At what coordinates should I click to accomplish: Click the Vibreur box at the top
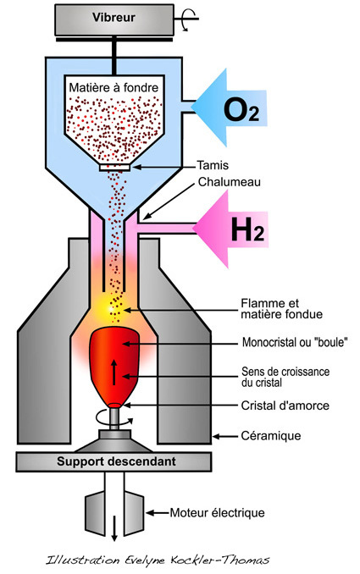(x=114, y=19)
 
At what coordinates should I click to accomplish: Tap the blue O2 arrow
(x=229, y=108)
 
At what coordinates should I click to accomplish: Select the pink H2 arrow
(x=230, y=229)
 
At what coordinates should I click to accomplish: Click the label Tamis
(x=213, y=165)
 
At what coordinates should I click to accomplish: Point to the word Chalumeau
(x=230, y=182)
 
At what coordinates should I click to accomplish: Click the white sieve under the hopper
(x=114, y=168)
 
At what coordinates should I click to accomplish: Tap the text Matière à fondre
(x=114, y=88)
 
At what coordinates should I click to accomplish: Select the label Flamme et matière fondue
(x=281, y=309)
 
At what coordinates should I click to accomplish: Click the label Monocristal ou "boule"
(x=295, y=342)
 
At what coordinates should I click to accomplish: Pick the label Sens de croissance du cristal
(x=285, y=377)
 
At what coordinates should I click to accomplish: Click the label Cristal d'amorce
(x=285, y=406)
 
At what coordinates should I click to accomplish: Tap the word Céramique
(x=271, y=436)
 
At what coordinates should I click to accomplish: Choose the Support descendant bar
(x=114, y=461)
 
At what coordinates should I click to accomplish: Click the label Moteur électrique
(x=217, y=513)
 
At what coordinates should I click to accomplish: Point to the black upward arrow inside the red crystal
(x=114, y=373)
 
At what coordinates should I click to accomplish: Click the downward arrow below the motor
(x=114, y=528)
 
